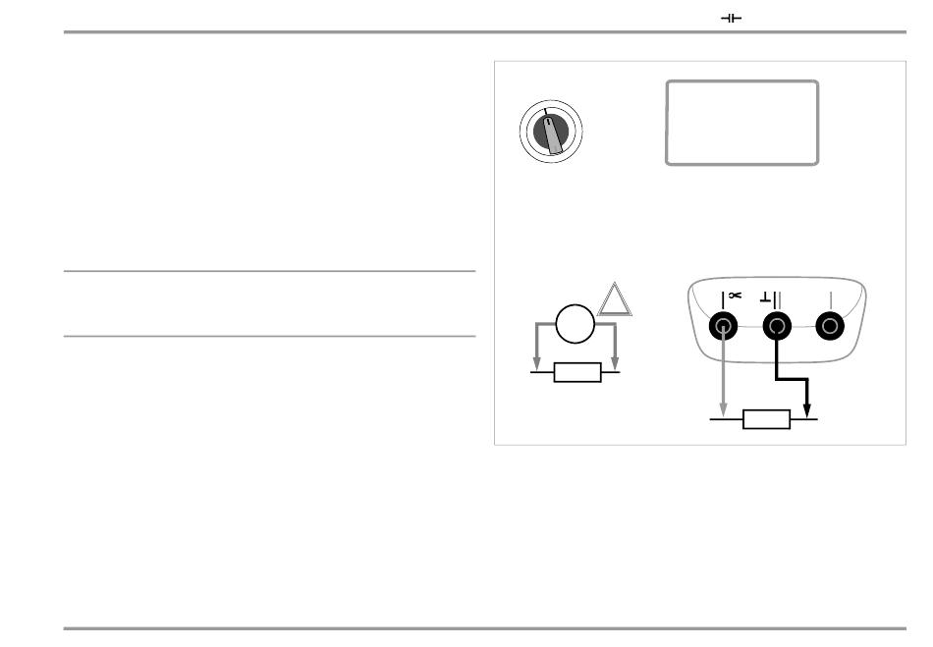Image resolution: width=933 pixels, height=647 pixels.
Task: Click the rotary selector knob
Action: pyautogui.click(x=551, y=134)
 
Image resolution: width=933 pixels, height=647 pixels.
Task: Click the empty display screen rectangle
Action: pyautogui.click(x=741, y=123)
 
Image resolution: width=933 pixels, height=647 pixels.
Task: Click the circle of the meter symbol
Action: pyautogui.click(x=576, y=325)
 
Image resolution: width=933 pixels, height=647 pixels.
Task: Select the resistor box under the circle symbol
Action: pyautogui.click(x=577, y=373)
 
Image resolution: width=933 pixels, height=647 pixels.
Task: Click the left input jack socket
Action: pyautogui.click(x=724, y=327)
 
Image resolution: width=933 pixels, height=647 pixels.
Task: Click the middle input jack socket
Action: pyautogui.click(x=777, y=327)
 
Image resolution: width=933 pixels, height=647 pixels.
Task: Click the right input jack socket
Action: pyautogui.click(x=831, y=327)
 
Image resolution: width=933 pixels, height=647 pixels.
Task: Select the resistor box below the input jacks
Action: pyautogui.click(x=767, y=420)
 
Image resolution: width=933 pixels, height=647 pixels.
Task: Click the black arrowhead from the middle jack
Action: pyautogui.click(x=806, y=412)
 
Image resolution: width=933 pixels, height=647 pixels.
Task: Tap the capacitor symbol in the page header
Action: pyautogui.click(x=732, y=18)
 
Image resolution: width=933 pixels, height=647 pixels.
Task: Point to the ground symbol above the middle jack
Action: pyautogui.click(x=767, y=297)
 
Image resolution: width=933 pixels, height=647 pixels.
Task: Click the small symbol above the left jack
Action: pyautogui.click(x=736, y=296)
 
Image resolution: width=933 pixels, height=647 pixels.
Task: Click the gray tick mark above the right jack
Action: pyautogui.click(x=831, y=298)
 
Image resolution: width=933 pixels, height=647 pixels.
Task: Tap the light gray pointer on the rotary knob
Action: pyautogui.click(x=554, y=138)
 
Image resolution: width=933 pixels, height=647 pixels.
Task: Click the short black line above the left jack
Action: pyautogui.click(x=724, y=297)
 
